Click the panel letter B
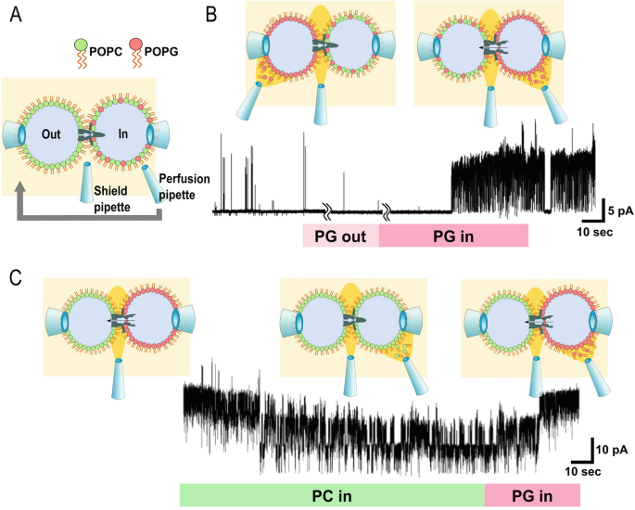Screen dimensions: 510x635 [x=212, y=16]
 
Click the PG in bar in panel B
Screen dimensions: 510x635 [x=453, y=236]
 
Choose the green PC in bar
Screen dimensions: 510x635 [x=332, y=495]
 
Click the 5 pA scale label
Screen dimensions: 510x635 [x=618, y=211]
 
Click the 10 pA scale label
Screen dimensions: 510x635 [x=613, y=450]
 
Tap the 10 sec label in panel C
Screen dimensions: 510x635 [x=585, y=472]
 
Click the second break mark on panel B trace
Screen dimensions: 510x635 [x=387, y=212]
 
